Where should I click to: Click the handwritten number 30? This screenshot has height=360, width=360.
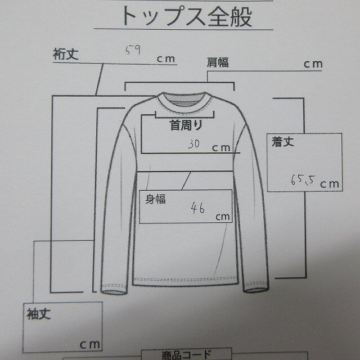pos(195,144)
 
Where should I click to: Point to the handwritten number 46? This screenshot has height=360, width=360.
pos(197,209)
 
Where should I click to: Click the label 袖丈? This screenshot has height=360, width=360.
pos(38,314)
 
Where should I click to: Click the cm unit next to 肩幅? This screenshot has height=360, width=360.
pos(313,64)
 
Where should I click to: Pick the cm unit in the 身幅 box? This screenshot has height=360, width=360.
pos(221,216)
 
